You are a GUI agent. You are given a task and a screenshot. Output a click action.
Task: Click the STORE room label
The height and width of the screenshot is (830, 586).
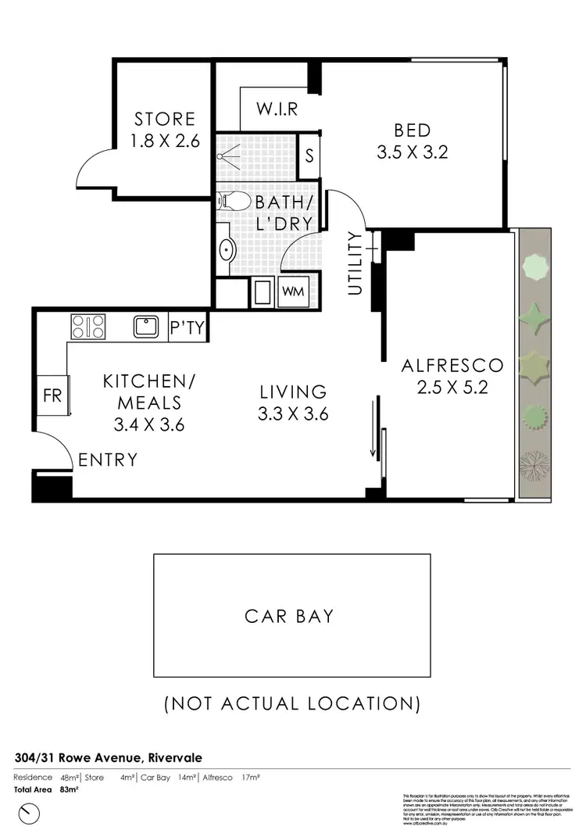[164, 130]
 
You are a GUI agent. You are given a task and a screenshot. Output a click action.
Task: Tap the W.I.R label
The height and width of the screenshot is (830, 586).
[277, 109]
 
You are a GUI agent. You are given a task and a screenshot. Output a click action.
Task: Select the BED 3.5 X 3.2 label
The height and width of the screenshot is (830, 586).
[412, 141]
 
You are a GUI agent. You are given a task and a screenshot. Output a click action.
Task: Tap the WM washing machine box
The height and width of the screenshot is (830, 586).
[293, 292]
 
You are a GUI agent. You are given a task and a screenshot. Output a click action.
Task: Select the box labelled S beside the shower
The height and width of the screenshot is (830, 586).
[309, 154]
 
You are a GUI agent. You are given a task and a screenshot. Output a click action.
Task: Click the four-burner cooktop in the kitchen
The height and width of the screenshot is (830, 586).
[88, 326]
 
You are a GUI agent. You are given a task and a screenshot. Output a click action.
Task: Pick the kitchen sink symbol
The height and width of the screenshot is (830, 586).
[145, 326]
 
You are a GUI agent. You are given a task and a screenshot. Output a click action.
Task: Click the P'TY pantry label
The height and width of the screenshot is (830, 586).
[188, 328]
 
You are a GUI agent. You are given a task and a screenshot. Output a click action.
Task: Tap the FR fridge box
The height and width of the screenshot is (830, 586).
[52, 395]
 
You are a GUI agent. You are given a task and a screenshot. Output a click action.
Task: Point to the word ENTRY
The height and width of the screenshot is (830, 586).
[108, 460]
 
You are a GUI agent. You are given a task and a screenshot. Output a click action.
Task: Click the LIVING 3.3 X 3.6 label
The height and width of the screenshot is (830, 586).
[293, 402]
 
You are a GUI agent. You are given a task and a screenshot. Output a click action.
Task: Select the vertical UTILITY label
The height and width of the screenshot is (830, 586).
[356, 263]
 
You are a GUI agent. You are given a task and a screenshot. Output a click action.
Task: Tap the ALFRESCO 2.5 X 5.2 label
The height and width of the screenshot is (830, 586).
[452, 375]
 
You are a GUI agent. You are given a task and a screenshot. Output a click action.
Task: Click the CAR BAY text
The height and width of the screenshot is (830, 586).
[289, 616]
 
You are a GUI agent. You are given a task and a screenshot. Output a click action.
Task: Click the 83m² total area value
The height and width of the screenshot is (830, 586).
[69, 789]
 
